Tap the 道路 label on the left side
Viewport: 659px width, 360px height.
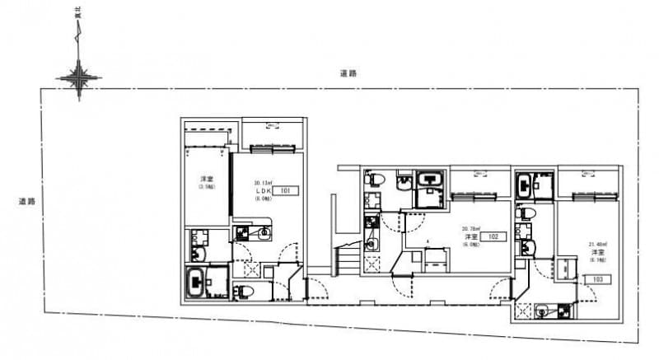point(27,201)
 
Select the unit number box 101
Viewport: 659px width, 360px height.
point(286,190)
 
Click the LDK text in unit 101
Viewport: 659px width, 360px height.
point(263,190)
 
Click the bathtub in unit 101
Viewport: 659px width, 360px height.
point(198,283)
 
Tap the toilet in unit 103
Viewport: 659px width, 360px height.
point(523,213)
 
